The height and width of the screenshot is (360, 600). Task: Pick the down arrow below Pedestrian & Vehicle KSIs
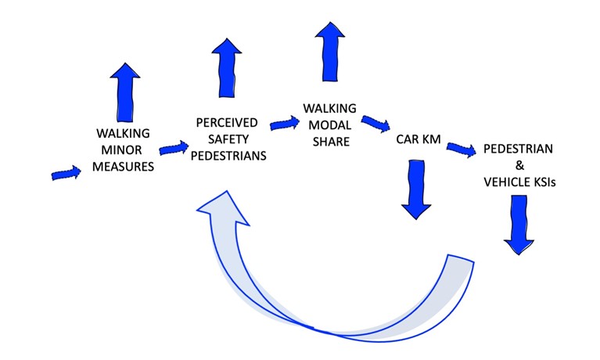pos(518,224)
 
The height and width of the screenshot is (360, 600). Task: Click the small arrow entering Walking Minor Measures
pos(66,173)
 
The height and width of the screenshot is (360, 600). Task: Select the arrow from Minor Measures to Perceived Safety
pos(174,147)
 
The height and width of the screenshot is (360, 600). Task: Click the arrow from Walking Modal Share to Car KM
pos(375,124)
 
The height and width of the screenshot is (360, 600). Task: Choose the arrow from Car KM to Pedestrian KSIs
pos(460,147)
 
